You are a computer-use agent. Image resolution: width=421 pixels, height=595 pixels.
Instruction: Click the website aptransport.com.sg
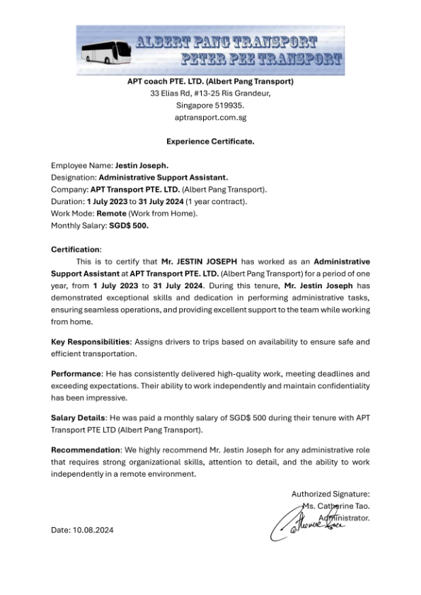click(210, 117)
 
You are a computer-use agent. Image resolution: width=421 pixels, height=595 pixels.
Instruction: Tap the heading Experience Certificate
click(210, 141)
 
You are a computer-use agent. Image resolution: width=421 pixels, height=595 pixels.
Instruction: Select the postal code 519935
click(228, 105)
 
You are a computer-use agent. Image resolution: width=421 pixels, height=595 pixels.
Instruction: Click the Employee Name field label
click(76, 165)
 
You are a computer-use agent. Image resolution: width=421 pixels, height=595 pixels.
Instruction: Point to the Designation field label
click(73, 177)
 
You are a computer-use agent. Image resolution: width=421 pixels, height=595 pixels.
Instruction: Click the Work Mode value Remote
click(112, 213)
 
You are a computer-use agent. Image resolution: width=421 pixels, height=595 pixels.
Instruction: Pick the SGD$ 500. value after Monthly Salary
click(128, 225)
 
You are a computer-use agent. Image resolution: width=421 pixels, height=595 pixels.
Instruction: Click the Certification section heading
click(76, 249)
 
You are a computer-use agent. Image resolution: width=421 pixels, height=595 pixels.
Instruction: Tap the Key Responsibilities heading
click(90, 342)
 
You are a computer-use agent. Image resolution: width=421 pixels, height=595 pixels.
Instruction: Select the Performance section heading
click(76, 373)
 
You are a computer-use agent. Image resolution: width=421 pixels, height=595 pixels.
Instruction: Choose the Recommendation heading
click(86, 450)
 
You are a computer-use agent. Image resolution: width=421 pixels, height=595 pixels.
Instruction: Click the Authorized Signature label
click(330, 494)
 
